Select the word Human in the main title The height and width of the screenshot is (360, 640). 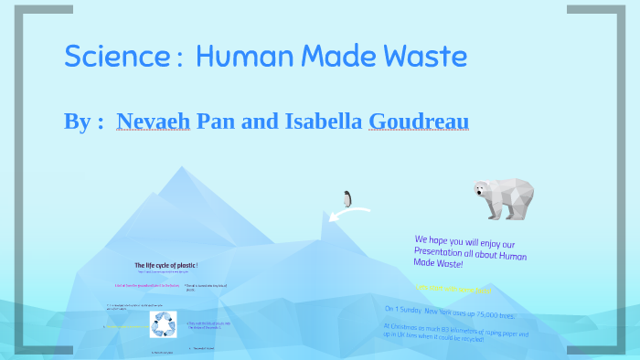(x=240, y=56)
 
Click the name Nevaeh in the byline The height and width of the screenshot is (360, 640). (x=155, y=122)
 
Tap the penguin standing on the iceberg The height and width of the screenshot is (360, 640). (x=347, y=198)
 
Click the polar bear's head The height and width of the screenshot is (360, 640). (x=484, y=189)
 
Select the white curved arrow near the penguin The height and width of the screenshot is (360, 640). (x=348, y=214)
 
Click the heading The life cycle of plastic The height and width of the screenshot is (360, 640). (x=166, y=265)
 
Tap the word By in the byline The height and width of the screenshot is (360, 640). (x=76, y=122)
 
